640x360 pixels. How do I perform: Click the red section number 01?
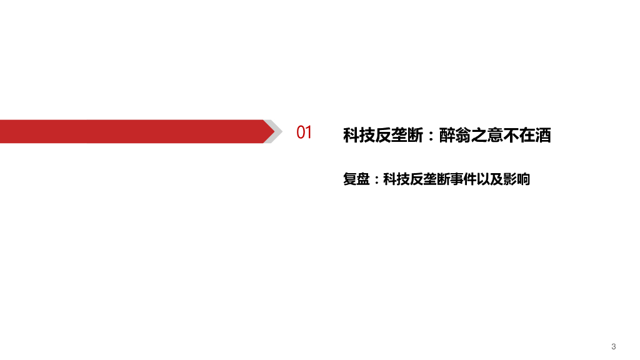(304, 132)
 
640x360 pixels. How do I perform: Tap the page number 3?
(614, 346)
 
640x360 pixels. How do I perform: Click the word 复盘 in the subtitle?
(356, 179)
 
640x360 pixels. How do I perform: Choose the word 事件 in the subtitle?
(464, 179)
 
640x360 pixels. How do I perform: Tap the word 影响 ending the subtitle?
(517, 179)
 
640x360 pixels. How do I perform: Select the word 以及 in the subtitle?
(491, 179)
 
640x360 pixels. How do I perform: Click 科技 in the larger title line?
(359, 135)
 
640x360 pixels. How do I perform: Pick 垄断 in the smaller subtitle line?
(437, 179)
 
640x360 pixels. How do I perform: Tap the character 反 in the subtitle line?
(416, 179)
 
